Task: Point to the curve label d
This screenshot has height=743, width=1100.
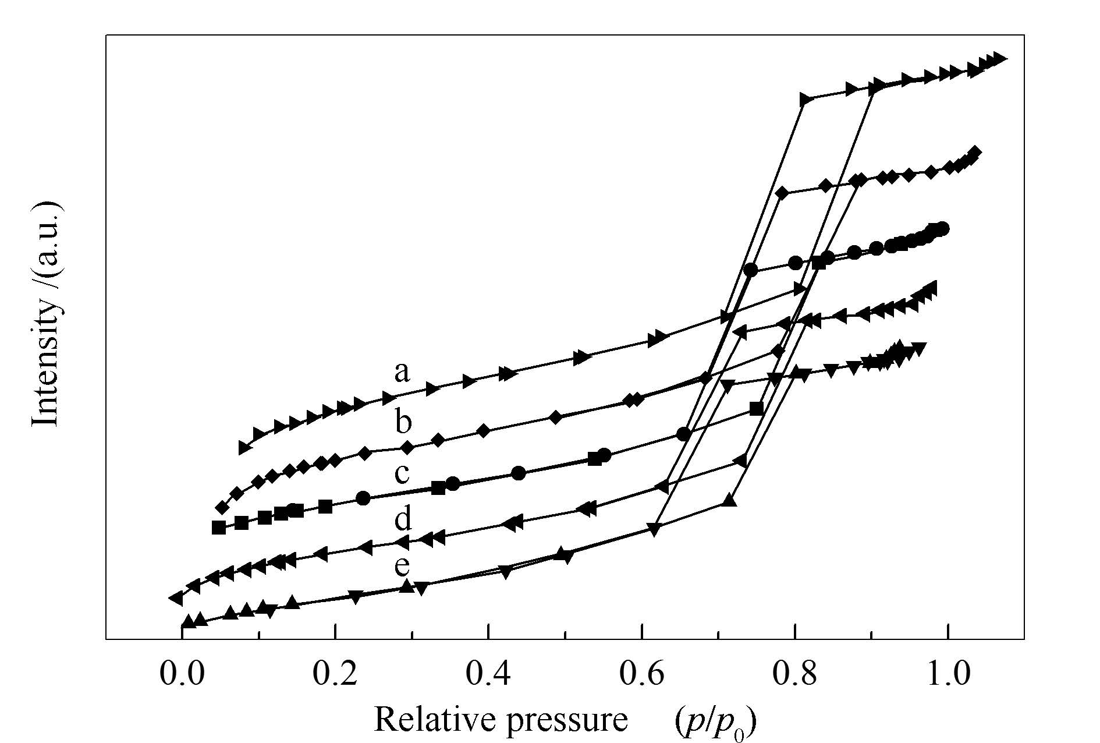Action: coord(403,518)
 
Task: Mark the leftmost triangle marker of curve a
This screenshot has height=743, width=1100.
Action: coord(245,447)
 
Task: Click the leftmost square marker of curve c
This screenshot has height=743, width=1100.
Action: coord(219,528)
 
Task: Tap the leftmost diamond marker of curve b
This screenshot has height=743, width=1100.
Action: coord(222,508)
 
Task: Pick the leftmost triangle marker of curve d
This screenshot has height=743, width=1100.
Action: coord(176,597)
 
